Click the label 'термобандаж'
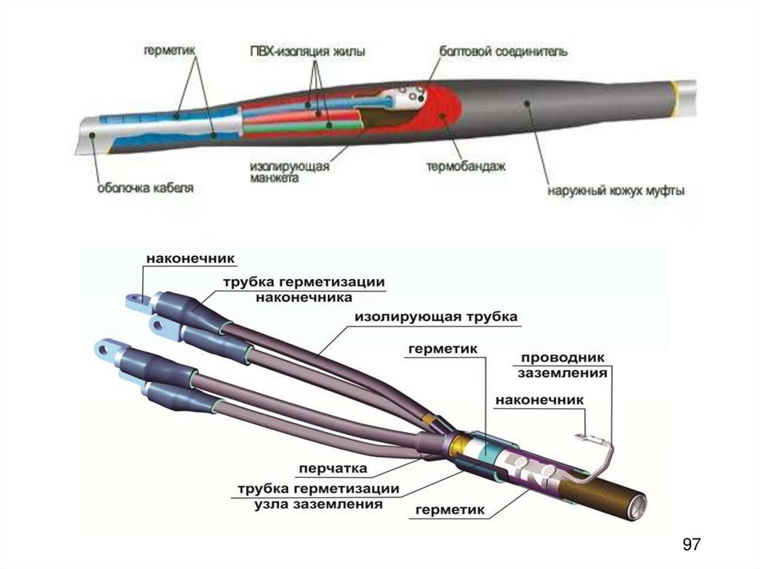coord(465,167)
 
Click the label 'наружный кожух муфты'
coord(616,190)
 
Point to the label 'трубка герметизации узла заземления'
coord(318,497)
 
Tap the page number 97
coord(691,545)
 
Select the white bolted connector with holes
coord(407,96)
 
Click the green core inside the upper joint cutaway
coord(297,128)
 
